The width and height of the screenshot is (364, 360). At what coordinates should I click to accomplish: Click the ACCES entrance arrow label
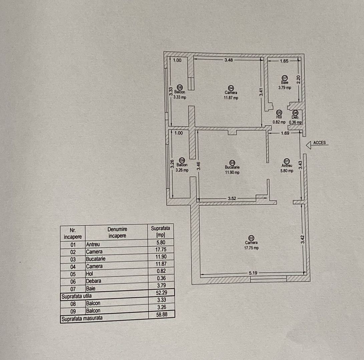(x=319, y=143)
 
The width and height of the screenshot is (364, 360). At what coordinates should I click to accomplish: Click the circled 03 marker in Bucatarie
(x=232, y=162)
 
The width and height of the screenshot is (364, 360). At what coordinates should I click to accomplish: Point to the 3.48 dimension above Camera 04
(x=229, y=60)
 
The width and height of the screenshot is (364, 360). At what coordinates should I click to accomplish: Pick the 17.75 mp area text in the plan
(x=251, y=248)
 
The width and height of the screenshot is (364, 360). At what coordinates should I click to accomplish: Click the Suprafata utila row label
(x=76, y=295)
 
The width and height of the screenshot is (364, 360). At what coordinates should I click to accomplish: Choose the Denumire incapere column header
(x=117, y=232)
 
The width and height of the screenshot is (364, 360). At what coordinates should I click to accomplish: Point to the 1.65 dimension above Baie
(x=284, y=61)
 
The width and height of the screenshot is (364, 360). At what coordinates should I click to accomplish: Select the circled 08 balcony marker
(x=180, y=87)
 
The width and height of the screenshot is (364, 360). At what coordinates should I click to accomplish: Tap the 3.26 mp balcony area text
(x=182, y=170)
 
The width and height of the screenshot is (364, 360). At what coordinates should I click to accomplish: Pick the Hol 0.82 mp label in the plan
(x=279, y=119)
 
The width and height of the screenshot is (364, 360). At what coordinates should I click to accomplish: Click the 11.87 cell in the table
(x=161, y=264)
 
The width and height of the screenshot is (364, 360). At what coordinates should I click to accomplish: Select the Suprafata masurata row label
(x=81, y=318)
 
